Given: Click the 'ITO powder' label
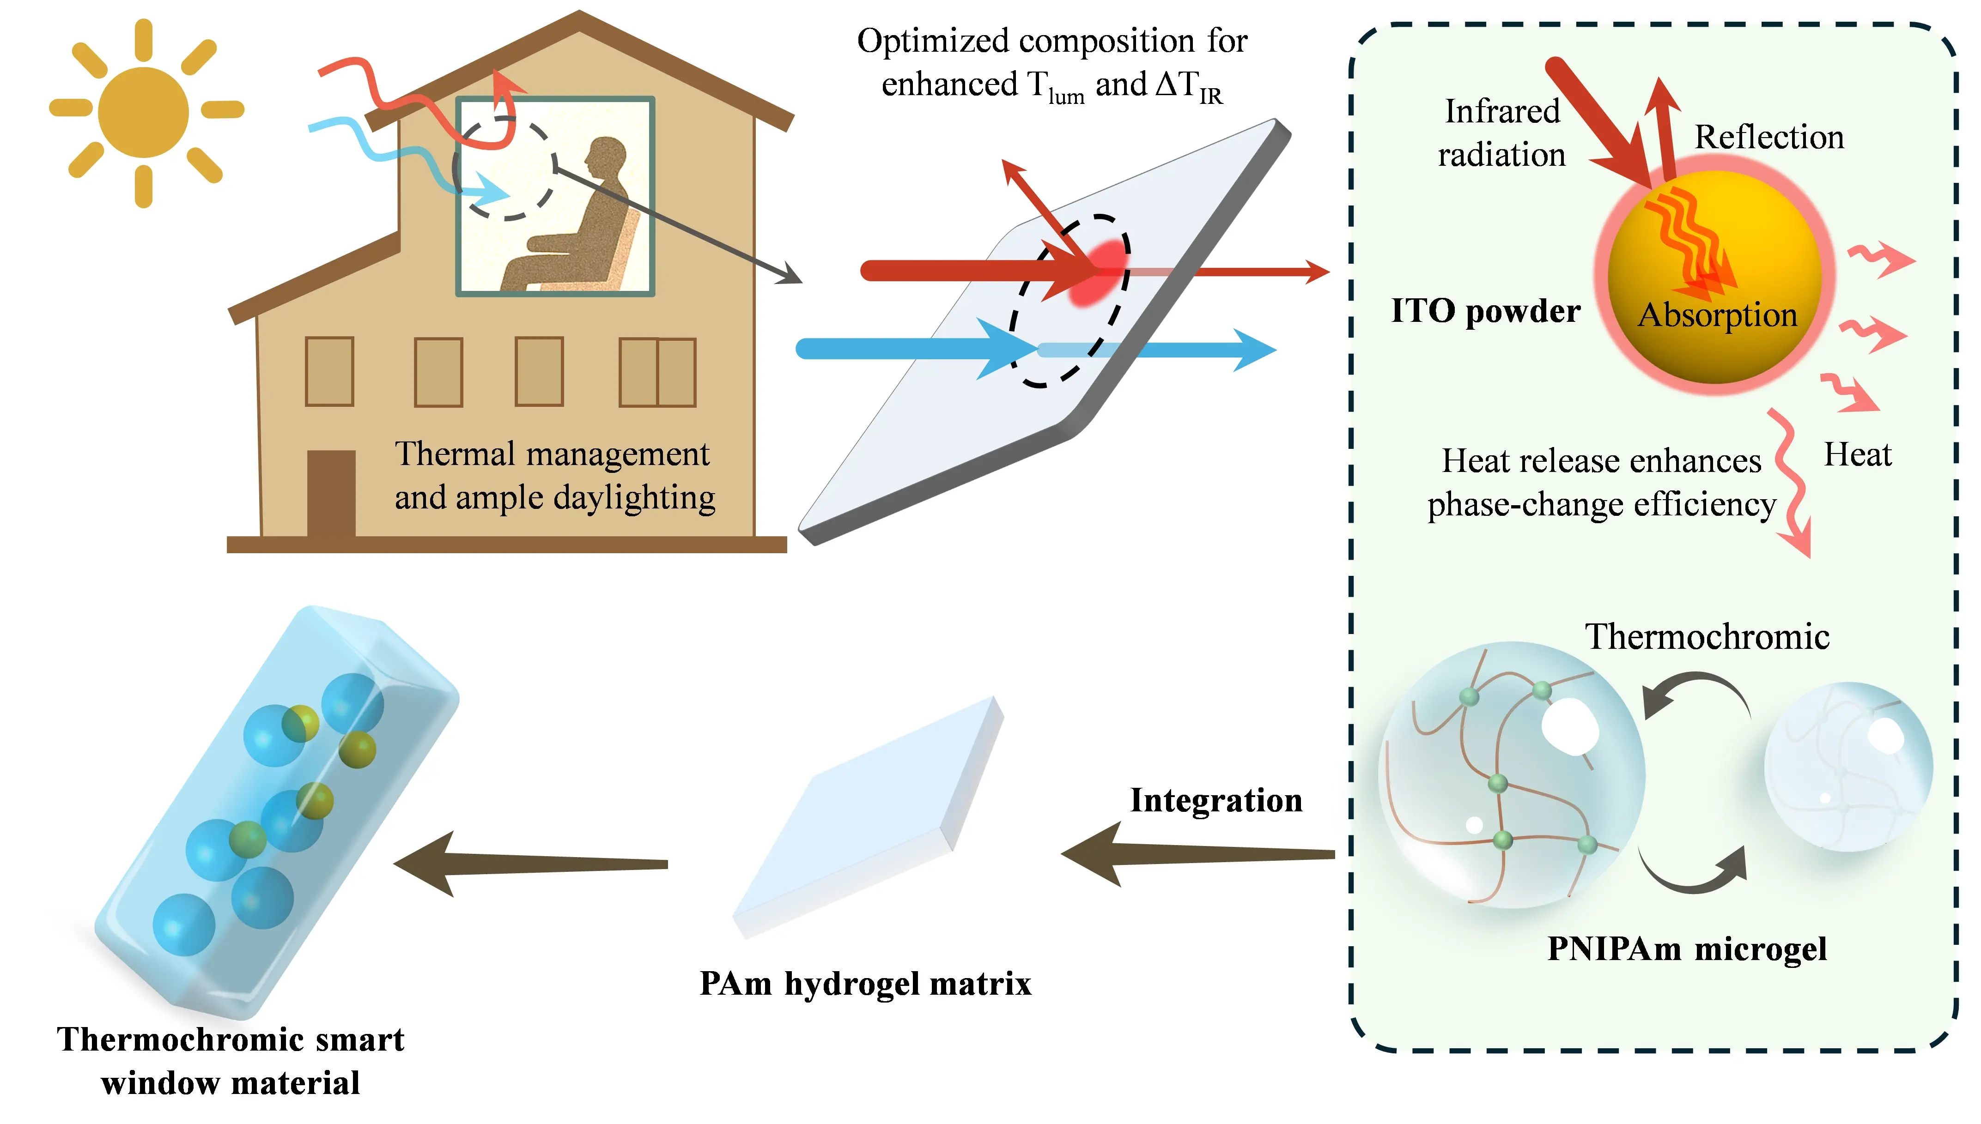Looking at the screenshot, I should coord(1484,311).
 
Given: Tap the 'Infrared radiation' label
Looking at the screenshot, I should coord(1501,133).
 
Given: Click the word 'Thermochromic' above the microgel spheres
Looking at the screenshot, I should coord(1707,637).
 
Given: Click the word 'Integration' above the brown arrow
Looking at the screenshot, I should coord(1215,801).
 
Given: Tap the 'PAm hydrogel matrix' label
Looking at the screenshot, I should coord(865,984).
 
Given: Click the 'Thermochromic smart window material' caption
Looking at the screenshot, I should coord(230,1061).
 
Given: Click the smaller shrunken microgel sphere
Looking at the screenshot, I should coord(1848,767).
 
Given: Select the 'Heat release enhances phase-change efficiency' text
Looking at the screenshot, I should coord(1601,483).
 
